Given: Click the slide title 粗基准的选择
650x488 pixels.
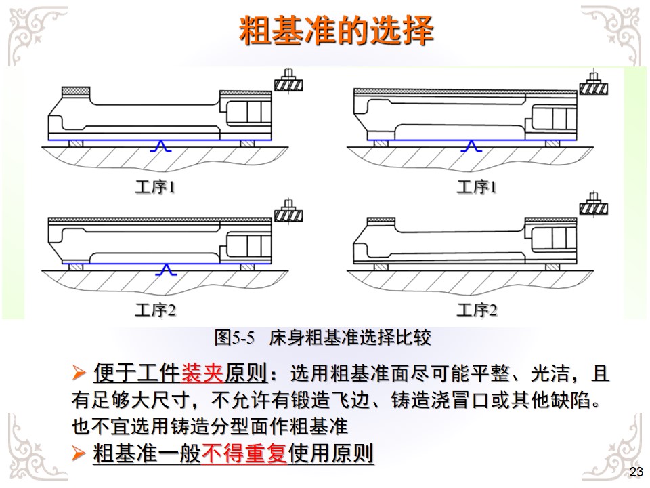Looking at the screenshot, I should [x=336, y=30].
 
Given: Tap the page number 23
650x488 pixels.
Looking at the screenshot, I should [x=636, y=472].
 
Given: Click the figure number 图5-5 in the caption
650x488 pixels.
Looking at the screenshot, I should [x=233, y=336].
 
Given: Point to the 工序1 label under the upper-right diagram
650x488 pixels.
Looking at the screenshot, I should [x=476, y=187].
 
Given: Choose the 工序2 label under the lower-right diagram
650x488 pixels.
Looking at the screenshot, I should [x=476, y=310].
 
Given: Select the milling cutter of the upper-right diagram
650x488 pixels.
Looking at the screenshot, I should [x=594, y=86].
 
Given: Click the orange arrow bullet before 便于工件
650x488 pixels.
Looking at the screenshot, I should [x=79, y=373].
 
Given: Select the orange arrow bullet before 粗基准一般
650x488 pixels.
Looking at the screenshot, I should [x=79, y=453].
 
